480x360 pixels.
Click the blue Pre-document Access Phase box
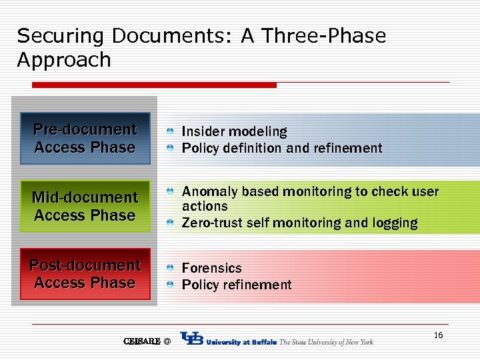[85, 139]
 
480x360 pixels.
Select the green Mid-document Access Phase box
[85, 206]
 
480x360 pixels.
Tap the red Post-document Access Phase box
[85, 274]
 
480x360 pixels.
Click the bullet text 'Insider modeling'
[234, 131]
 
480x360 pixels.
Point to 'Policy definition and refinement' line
[282, 148]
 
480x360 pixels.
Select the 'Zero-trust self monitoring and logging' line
[299, 223]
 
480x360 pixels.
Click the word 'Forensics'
[211, 268]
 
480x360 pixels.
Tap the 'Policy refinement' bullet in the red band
[237, 285]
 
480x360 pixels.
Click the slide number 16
[438, 335]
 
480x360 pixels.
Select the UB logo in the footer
[192, 340]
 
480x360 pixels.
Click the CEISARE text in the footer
[142, 341]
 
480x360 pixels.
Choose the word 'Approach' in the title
[64, 60]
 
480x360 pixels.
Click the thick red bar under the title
[154, 85]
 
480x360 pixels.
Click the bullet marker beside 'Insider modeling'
[171, 132]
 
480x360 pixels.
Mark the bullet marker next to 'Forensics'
[171, 268]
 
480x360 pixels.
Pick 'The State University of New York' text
[326, 342]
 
